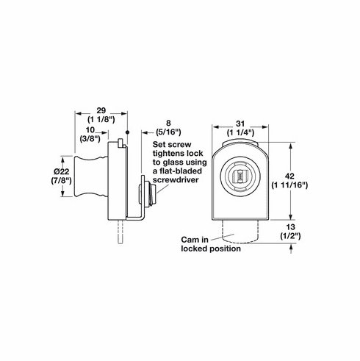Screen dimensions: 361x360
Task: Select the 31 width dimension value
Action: point(242,122)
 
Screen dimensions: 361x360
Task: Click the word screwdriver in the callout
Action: point(179,180)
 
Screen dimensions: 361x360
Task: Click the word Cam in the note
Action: point(190,240)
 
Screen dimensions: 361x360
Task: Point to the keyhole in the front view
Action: point(241,176)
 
